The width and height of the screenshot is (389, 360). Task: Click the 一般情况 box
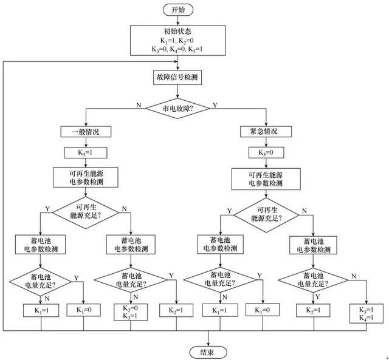click(x=87, y=132)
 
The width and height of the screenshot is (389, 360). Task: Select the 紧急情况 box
click(x=266, y=132)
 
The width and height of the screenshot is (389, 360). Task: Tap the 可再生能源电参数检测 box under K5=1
click(x=87, y=177)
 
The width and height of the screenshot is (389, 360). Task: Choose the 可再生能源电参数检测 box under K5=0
click(x=266, y=177)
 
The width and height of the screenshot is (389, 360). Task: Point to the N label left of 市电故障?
click(x=139, y=104)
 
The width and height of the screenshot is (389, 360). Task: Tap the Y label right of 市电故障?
click(x=215, y=104)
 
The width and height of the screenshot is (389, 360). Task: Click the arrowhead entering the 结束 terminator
click(x=208, y=342)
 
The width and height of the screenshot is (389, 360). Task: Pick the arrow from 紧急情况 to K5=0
click(x=266, y=142)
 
